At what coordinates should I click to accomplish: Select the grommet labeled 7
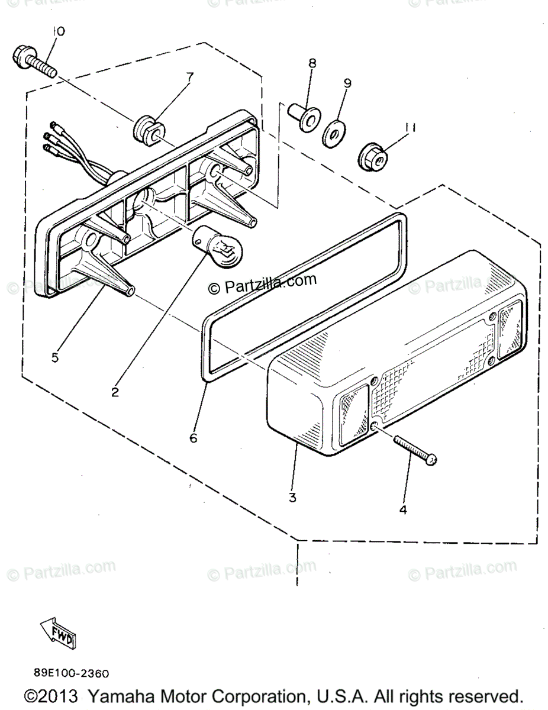(146, 129)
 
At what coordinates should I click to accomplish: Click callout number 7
(189, 77)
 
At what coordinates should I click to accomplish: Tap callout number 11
(410, 127)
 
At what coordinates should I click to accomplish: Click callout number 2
(115, 391)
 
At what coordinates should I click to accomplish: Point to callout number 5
(54, 357)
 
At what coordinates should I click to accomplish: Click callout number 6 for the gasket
(193, 438)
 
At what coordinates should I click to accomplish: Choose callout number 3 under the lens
(292, 498)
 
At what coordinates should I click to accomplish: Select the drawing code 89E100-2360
(71, 673)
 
